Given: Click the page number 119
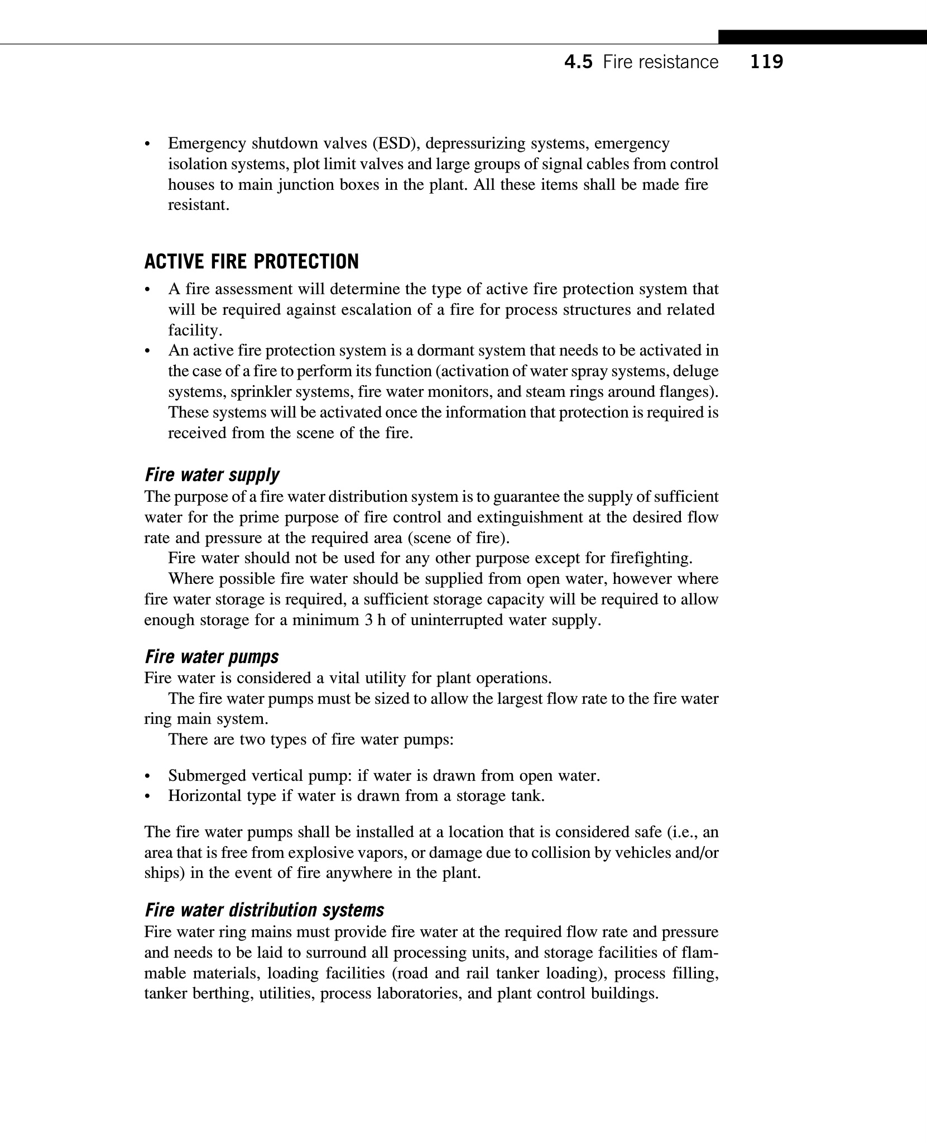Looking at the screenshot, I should (766, 62).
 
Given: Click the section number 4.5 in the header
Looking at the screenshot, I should (578, 62).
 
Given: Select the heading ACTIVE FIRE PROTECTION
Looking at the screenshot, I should (251, 262).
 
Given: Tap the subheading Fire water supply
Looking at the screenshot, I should (212, 475).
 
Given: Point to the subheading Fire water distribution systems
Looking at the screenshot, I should (264, 910).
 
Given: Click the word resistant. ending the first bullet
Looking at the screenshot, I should (199, 205).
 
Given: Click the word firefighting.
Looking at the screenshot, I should (651, 558).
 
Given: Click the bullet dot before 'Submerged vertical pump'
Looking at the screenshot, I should (147, 776).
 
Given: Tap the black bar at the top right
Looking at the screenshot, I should (822, 37).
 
